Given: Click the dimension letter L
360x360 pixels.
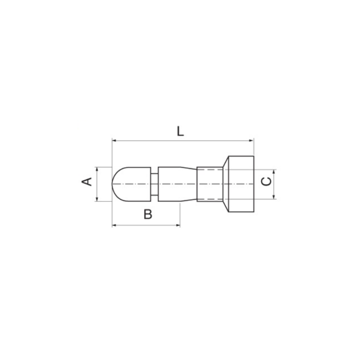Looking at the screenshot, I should tap(180, 131).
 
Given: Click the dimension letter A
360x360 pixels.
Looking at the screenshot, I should tap(87, 182).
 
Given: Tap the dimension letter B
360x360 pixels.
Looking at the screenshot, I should tap(148, 214).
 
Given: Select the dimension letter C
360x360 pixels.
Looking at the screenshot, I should tap(267, 181).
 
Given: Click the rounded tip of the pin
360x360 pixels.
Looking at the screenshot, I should tap(115, 184).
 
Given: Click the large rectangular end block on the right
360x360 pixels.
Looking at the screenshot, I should tap(241, 184).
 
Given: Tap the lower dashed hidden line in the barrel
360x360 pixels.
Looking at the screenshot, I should tap(210, 199).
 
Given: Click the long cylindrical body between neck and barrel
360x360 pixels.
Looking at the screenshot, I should tap(176, 184).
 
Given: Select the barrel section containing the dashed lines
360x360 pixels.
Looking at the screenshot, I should tap(210, 184).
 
